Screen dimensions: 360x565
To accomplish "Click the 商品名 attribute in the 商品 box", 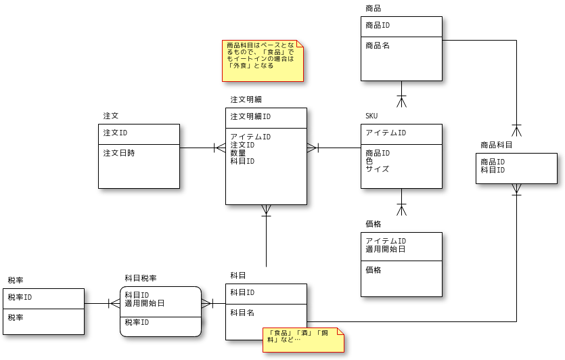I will [378, 45].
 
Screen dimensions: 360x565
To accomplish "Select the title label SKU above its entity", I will [371, 116].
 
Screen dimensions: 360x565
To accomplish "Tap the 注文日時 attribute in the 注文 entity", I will [118, 153].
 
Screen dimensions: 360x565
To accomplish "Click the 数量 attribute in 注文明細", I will [238, 153].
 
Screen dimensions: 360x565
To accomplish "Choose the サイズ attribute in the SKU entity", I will [378, 169].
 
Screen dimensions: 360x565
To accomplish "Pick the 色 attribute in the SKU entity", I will [369, 161].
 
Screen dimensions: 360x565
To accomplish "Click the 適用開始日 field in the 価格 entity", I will [386, 249].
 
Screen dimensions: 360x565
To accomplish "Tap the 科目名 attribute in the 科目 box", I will [242, 313].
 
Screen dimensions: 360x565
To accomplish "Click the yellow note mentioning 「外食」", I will [263, 61].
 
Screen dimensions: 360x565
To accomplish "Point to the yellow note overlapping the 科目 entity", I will [303, 340].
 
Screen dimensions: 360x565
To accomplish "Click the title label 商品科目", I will [497, 145].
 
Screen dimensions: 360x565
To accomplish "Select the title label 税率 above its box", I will [16, 280].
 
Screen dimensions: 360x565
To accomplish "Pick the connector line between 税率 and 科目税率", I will [98, 304].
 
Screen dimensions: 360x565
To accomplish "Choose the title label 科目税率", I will [141, 278].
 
